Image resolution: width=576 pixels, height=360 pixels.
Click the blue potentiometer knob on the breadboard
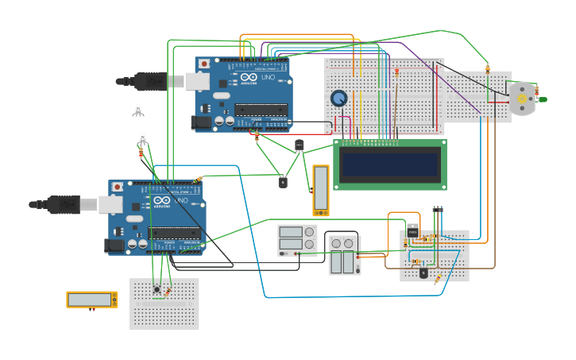(339, 99)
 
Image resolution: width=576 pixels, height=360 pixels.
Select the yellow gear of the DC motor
(522, 99)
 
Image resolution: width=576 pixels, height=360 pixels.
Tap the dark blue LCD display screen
(389, 165)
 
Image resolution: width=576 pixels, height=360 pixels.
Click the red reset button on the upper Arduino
(204, 64)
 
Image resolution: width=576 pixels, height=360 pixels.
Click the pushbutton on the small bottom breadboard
(157, 289)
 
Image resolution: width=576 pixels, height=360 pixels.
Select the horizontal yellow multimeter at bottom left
(91, 300)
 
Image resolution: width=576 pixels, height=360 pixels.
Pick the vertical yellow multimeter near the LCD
(320, 190)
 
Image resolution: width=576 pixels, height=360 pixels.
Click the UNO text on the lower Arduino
(180, 200)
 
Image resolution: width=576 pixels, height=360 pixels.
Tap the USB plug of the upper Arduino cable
(151, 81)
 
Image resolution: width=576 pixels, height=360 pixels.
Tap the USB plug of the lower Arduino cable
(64, 205)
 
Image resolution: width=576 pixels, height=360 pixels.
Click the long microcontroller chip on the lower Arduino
(174, 233)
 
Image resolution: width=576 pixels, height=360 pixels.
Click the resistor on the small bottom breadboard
(167, 292)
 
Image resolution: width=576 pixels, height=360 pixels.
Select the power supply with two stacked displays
(296, 240)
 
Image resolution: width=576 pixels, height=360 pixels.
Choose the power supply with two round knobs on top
(344, 254)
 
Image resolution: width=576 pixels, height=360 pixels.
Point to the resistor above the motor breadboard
(487, 68)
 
